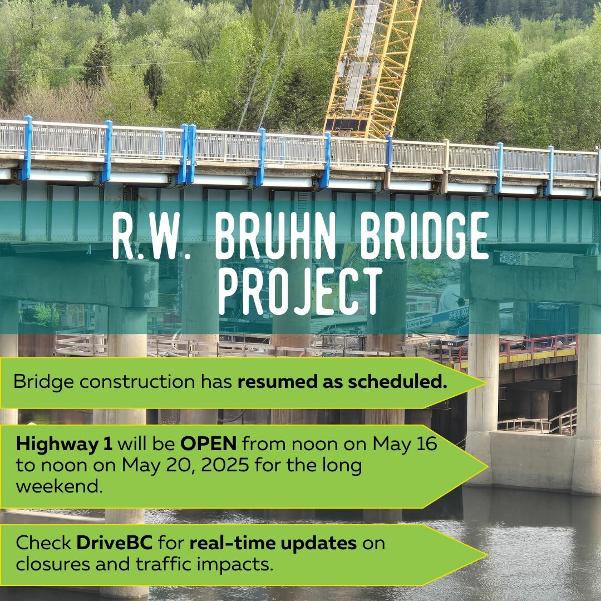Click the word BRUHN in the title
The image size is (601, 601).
pos(275,236)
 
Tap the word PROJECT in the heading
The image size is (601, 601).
pos(300,291)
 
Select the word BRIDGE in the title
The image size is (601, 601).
pos(424,236)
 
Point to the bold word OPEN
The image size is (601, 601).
pos(209,444)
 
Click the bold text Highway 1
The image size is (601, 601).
pos(64,445)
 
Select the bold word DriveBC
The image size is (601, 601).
pos(114,543)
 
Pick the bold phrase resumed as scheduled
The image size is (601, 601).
pos(342,382)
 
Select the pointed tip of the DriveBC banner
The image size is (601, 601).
pos(487,555)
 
